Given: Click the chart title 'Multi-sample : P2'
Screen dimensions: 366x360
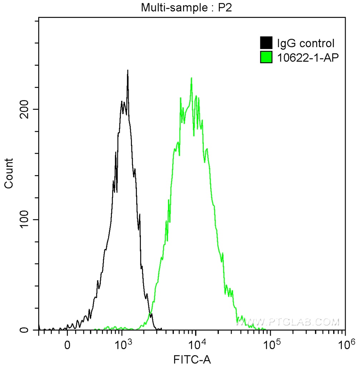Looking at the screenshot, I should point(187,8).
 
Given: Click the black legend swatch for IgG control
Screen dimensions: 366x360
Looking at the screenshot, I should point(266,43).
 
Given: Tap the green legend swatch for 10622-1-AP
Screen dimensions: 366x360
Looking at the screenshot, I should point(266,57).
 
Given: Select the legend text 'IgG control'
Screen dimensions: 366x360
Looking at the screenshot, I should point(306,43).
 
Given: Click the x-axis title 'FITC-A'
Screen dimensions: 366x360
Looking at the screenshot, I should point(192,359).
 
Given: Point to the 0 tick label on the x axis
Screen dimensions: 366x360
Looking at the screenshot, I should point(67,345).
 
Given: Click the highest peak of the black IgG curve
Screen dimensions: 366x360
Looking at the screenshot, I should point(128,70).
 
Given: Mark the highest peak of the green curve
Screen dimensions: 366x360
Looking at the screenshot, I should point(192,78).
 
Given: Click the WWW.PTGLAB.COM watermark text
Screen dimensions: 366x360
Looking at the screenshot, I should point(288,322).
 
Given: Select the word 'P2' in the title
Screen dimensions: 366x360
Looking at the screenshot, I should point(225,8).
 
